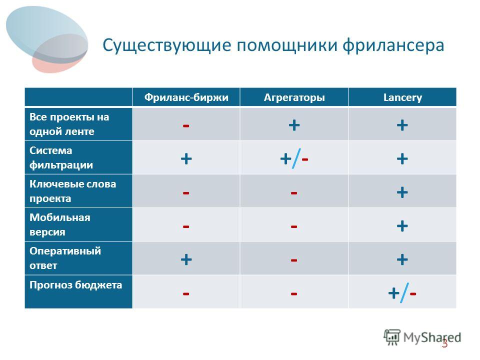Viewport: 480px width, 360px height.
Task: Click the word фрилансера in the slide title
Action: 393,45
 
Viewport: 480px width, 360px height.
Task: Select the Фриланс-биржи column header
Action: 186,97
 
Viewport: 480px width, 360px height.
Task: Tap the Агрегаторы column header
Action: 294,97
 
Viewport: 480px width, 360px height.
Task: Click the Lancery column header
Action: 402,97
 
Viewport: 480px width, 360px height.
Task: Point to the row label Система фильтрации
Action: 61,157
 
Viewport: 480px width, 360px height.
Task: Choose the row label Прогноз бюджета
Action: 76,285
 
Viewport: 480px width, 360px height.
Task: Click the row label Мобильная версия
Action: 60,224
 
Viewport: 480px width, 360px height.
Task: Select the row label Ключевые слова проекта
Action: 73,191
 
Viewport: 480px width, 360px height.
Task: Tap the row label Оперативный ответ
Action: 65,258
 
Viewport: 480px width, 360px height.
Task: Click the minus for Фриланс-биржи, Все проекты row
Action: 186,126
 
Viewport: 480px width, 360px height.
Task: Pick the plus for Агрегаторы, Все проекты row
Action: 294,125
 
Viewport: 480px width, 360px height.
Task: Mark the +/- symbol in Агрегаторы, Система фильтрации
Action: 294,158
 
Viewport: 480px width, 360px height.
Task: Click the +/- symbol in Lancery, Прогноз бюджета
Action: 402,293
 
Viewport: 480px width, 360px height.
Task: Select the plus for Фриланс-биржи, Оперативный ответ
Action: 186,259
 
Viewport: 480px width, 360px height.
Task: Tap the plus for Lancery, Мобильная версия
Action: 402,226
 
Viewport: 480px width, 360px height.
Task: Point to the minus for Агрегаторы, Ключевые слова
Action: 294,193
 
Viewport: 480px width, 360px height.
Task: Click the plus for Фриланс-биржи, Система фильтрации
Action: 186,159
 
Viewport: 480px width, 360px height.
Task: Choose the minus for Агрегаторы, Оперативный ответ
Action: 294,260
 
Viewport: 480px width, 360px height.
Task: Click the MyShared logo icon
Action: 392,337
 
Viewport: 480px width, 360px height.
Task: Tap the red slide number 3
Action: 444,344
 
